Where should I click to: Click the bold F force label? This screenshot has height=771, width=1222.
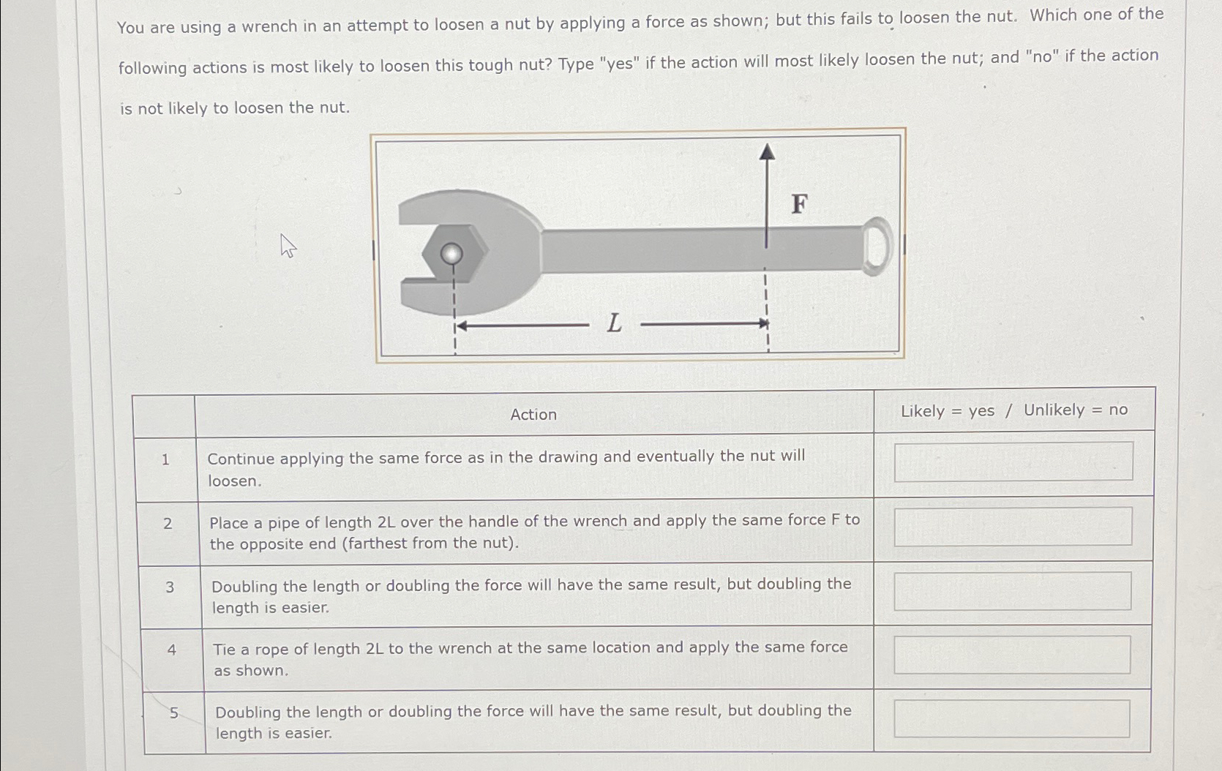799,204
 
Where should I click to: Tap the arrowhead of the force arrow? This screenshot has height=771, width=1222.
766,151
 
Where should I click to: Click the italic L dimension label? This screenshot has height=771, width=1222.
614,323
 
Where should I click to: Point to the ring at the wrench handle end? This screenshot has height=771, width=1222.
877,246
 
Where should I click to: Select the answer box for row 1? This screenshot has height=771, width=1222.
1013,462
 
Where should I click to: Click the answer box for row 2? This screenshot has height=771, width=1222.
1013,527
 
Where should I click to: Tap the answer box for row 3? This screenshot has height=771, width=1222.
1012,591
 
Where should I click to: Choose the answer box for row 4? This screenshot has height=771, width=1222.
1012,655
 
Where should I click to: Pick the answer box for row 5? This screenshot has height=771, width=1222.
1012,719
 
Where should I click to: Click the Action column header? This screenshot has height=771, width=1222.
533,415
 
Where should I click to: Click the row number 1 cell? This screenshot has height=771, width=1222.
165,459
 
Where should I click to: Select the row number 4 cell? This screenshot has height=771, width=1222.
171,650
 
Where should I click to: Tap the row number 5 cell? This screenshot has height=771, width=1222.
173,712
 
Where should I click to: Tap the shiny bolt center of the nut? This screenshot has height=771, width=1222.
451,254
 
